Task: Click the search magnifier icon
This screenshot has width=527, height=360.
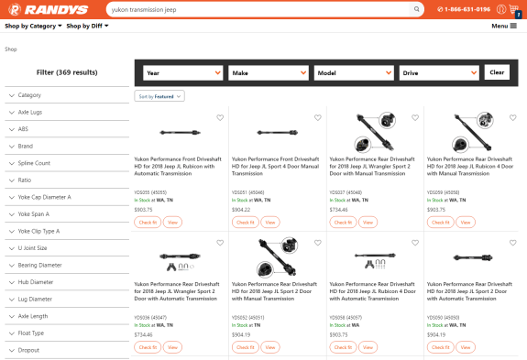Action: click(417, 9)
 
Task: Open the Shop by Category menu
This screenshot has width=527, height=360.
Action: click(33, 26)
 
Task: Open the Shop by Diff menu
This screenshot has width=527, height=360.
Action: click(89, 26)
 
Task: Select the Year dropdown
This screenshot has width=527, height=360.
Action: click(183, 72)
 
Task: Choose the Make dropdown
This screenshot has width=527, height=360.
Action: click(268, 72)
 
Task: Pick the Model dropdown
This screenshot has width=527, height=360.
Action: click(353, 72)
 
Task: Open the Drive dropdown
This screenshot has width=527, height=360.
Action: click(438, 72)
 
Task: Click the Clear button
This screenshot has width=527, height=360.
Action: click(497, 72)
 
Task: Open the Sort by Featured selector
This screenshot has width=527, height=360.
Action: click(160, 96)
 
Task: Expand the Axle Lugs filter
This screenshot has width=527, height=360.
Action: click(64, 112)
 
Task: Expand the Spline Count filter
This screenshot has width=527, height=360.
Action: click(64, 163)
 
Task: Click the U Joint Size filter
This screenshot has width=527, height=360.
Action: click(64, 248)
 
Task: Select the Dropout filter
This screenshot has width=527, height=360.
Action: click(64, 351)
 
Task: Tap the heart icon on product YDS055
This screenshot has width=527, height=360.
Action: click(220, 118)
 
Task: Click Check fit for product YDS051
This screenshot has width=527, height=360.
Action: click(244, 222)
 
